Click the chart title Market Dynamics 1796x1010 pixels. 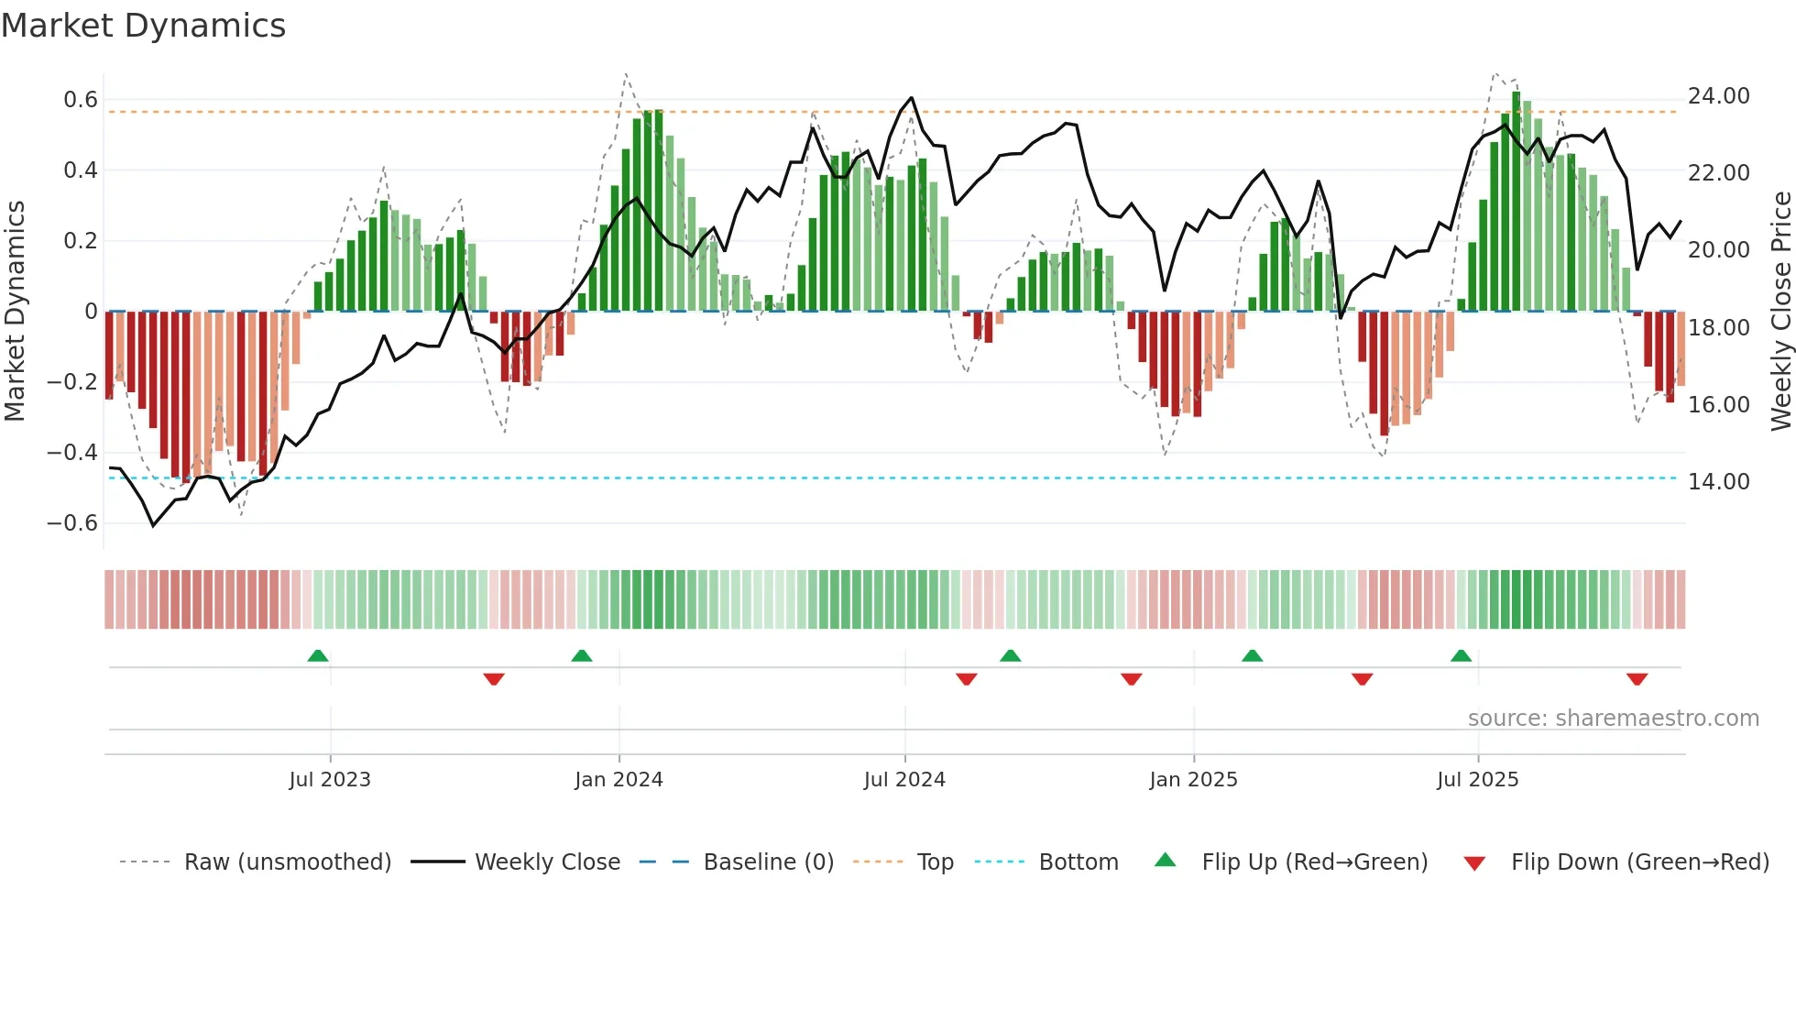coord(144,26)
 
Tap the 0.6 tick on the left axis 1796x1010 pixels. coord(80,100)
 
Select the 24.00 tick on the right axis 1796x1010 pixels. coord(1718,96)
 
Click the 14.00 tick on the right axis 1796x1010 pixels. coord(1718,482)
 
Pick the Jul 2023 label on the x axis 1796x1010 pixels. coord(330,780)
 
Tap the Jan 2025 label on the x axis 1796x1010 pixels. coord(1193,780)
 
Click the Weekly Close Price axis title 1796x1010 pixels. coord(1780,312)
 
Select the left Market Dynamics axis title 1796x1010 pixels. coord(15,312)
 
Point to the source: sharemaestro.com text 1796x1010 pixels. coord(1613,719)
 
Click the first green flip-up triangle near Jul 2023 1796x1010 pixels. coord(318,656)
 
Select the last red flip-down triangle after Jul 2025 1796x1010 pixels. coord(1637,679)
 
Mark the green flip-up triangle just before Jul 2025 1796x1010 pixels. coord(1461,656)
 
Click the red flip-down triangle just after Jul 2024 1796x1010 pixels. coord(966,679)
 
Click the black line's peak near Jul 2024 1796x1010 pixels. coord(911,98)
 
